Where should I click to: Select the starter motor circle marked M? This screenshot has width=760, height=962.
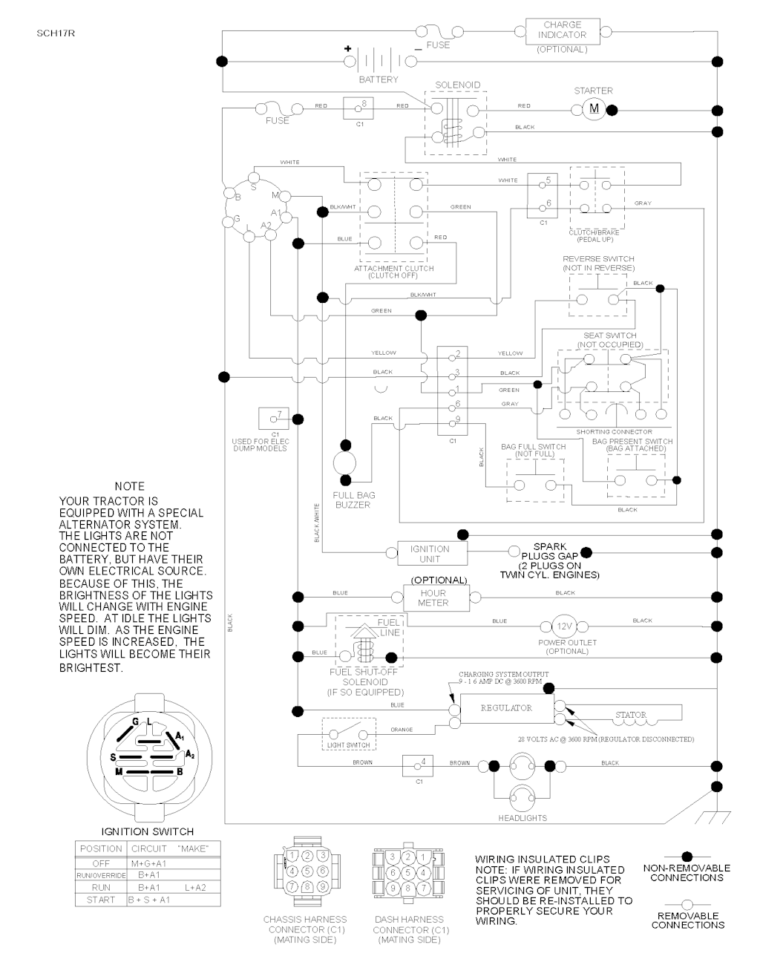(594, 109)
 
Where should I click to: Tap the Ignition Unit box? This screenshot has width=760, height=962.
(430, 554)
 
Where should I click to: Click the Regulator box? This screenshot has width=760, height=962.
(506, 709)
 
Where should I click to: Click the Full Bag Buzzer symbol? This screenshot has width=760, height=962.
(345, 465)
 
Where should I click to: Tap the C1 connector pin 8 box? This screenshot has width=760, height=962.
(359, 108)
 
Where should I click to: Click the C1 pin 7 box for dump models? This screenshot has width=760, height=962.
(274, 418)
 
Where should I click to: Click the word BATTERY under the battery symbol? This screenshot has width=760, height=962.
(379, 79)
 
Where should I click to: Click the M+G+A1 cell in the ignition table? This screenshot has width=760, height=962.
(148, 863)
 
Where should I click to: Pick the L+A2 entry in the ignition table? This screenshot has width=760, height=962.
(195, 887)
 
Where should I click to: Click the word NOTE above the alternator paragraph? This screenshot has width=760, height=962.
(130, 486)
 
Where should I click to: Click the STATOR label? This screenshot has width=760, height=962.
(630, 716)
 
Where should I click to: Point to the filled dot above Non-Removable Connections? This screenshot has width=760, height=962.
(687, 856)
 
